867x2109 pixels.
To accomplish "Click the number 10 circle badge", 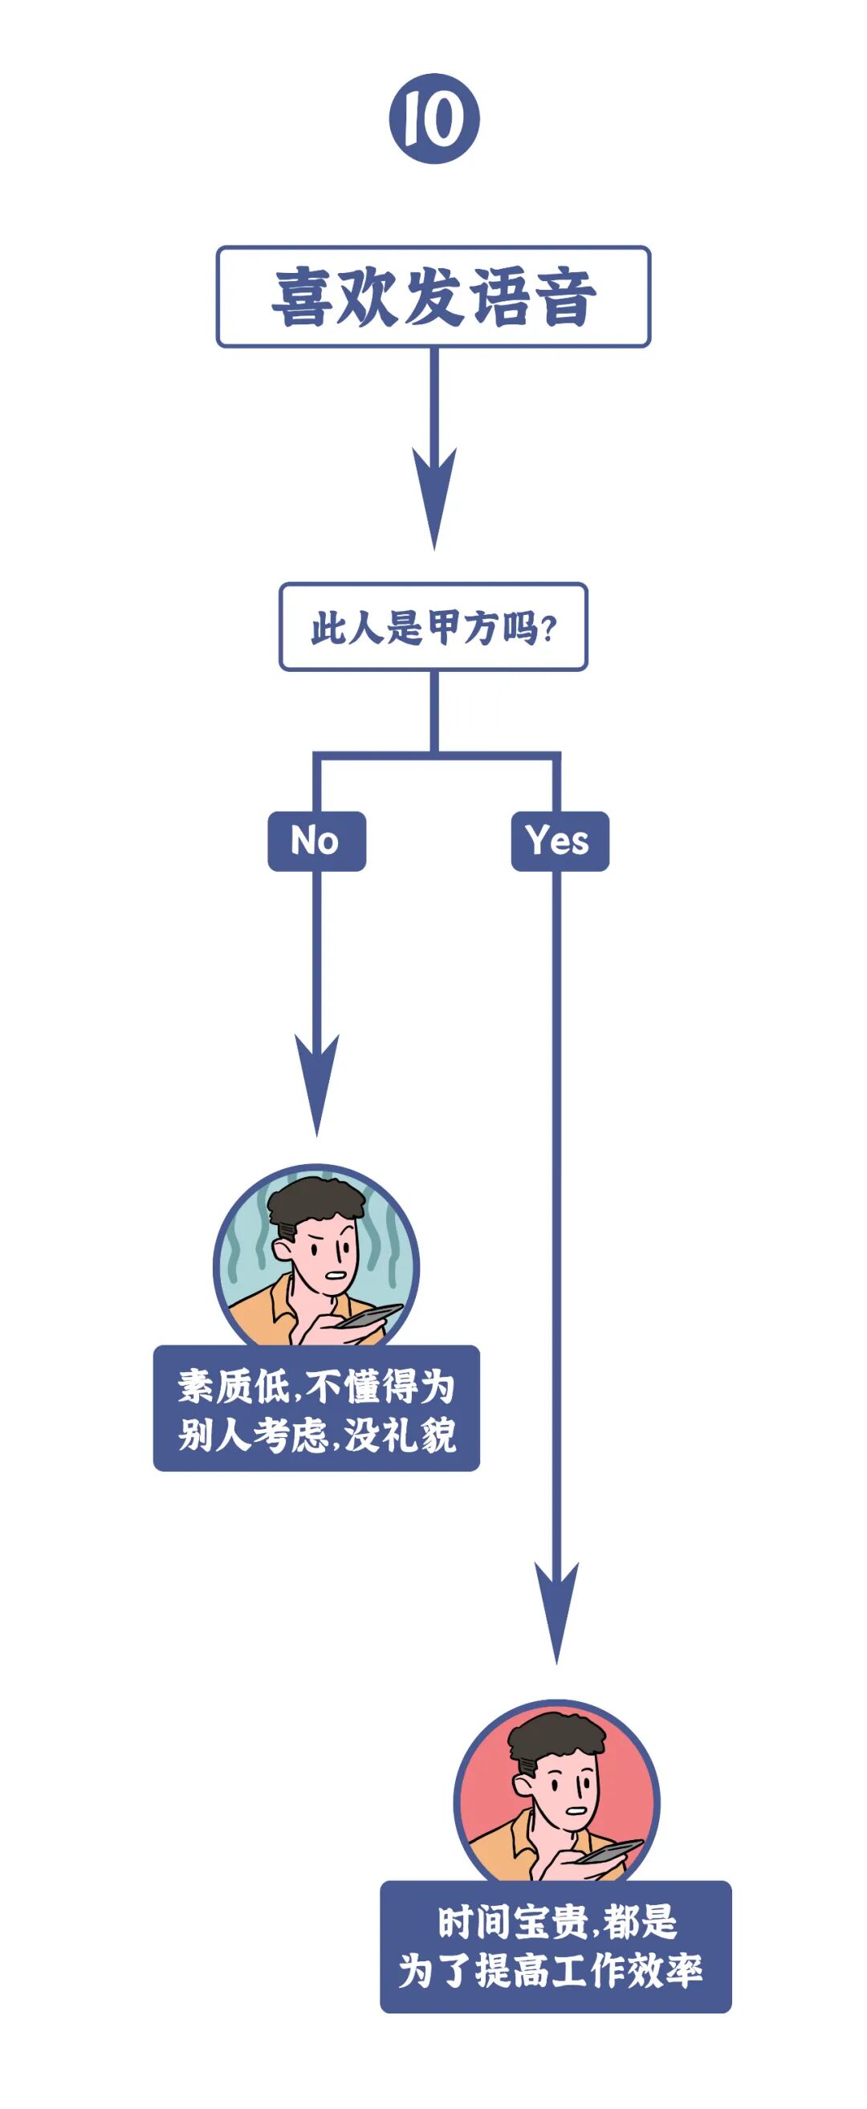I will (x=434, y=118).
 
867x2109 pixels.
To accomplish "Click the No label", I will (x=316, y=841).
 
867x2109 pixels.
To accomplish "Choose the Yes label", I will (x=560, y=841).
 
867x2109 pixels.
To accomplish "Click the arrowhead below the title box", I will (x=434, y=499).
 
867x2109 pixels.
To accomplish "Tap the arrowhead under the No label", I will (x=317, y=1085).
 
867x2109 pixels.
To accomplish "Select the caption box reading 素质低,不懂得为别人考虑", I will (x=316, y=1409).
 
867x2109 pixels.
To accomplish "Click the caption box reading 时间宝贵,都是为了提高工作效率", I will (x=555, y=1946).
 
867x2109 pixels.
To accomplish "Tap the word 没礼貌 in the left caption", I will (x=401, y=1435).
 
